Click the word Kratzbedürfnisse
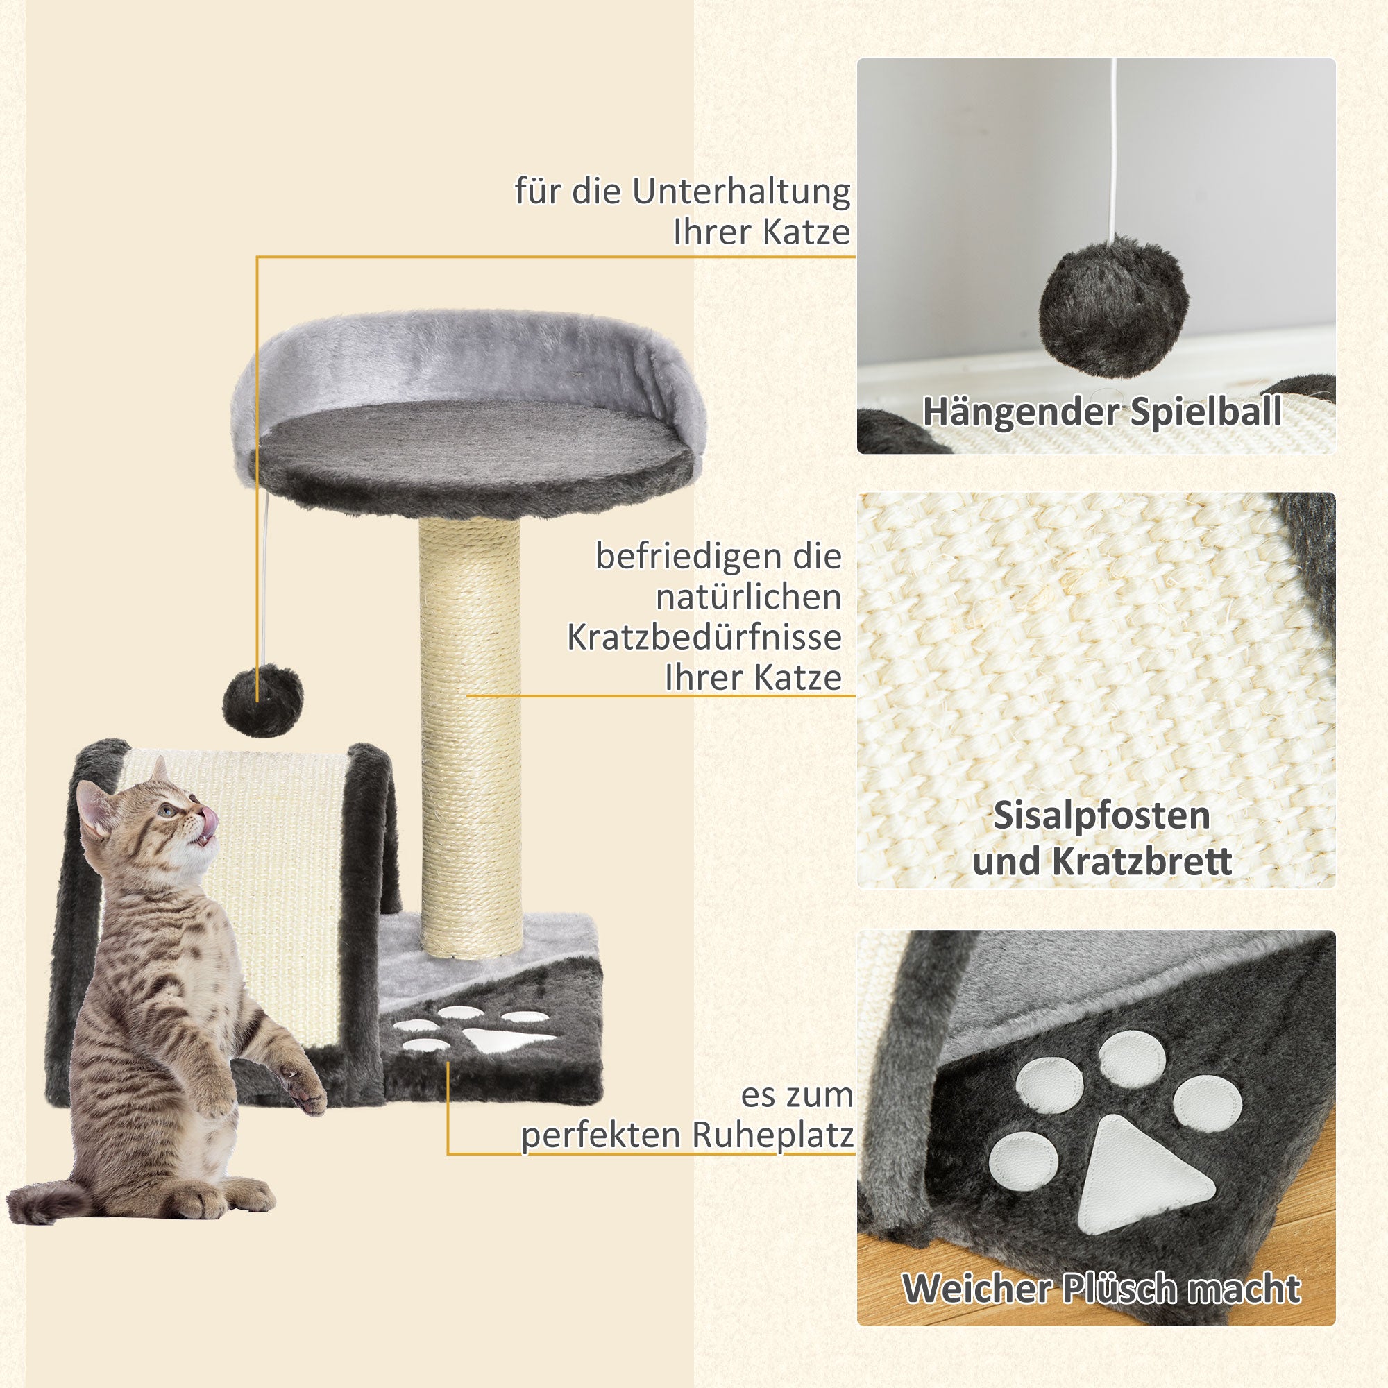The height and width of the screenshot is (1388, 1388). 704,637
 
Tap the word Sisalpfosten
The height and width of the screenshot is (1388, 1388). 1102,816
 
